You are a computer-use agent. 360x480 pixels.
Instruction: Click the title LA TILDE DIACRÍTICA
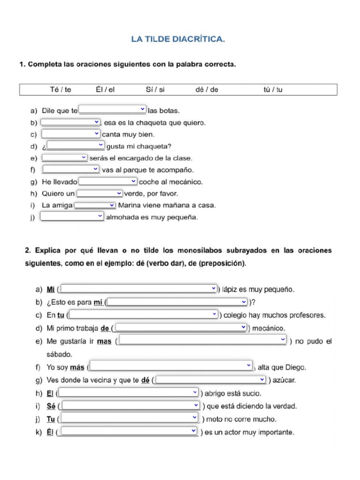(178, 40)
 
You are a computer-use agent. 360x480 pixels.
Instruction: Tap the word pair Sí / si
(155, 90)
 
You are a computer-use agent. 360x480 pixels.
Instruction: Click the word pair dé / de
(207, 90)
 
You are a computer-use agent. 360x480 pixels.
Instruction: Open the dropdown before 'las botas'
(112, 110)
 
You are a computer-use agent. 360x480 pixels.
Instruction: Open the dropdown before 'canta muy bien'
(71, 134)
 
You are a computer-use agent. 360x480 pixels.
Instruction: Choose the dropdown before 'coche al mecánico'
(108, 181)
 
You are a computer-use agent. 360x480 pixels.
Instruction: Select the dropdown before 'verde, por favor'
(99, 193)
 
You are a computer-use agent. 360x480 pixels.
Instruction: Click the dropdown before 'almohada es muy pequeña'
(72, 216)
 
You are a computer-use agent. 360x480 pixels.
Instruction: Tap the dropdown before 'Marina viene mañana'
(95, 205)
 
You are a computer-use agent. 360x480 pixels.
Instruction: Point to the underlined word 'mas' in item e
(104, 342)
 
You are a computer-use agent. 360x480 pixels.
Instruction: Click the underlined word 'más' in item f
(77, 367)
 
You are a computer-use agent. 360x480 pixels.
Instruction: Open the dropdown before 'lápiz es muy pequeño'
(139, 289)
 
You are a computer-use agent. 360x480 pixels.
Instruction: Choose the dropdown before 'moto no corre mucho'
(130, 418)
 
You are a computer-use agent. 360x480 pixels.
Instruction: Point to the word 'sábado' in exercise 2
(60, 354)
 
